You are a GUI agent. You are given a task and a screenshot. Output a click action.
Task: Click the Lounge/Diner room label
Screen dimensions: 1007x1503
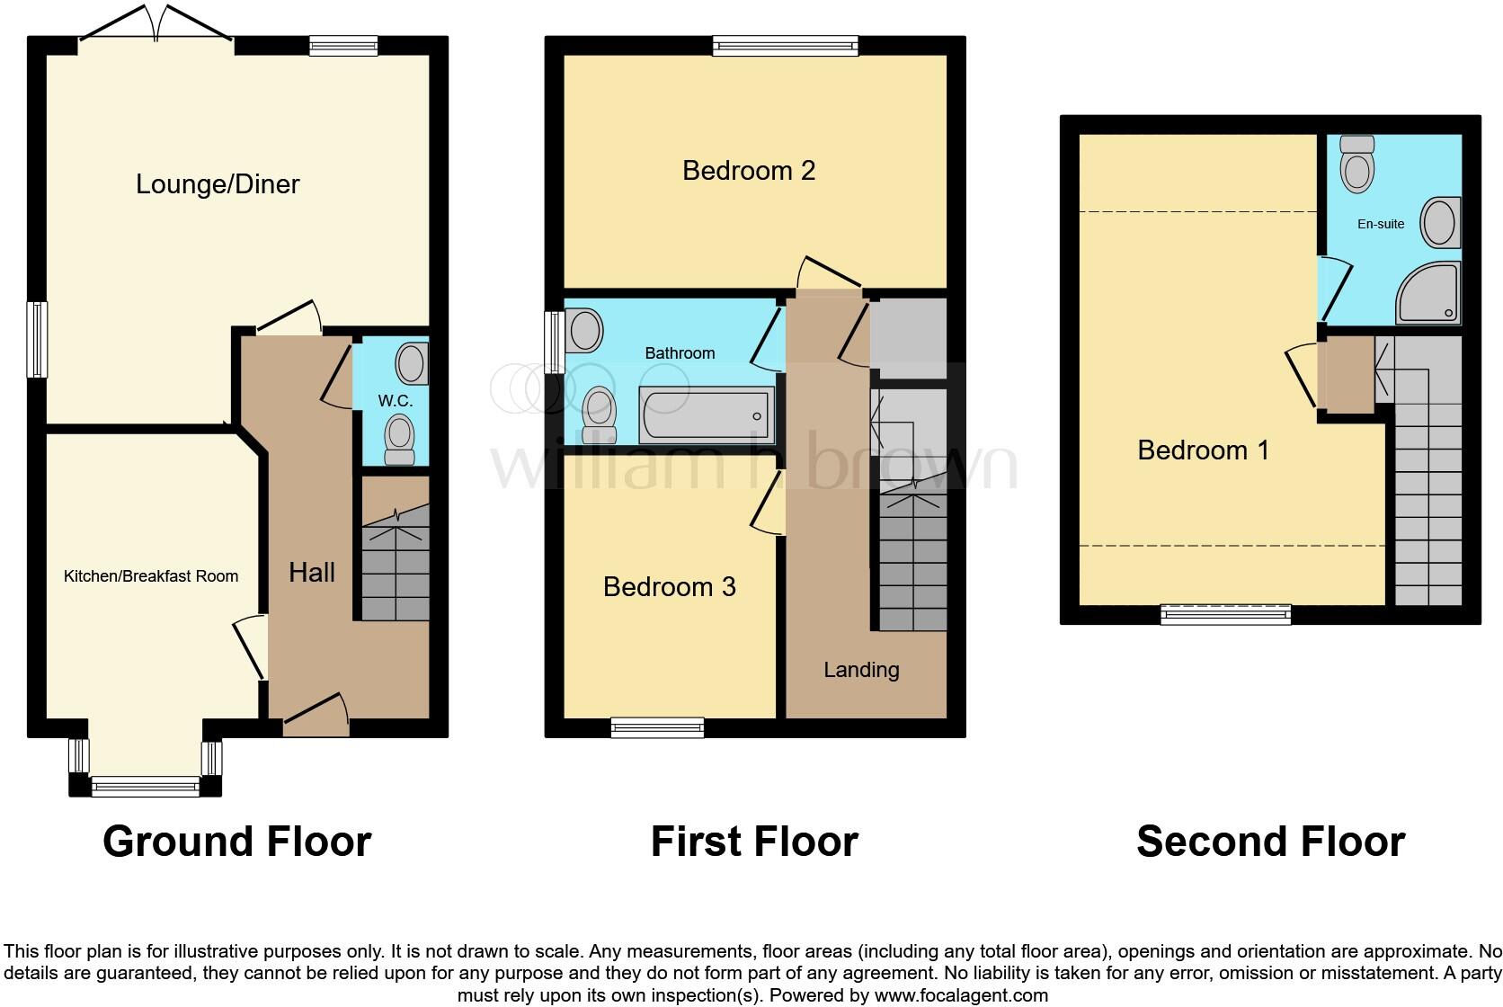[218, 184]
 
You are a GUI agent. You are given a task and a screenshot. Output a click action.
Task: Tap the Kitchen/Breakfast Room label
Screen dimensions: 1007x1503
[151, 576]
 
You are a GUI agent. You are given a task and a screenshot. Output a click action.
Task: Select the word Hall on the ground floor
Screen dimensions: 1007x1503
[312, 573]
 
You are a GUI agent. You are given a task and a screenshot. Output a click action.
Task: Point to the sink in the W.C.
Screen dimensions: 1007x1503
[413, 364]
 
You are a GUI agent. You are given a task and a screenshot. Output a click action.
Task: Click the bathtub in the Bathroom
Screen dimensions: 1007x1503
[706, 415]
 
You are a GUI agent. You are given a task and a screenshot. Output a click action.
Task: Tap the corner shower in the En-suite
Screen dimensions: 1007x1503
[1428, 293]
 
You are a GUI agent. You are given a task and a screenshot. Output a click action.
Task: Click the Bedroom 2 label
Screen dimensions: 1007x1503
[749, 170]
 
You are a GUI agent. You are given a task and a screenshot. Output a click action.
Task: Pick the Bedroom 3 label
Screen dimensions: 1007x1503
[669, 587]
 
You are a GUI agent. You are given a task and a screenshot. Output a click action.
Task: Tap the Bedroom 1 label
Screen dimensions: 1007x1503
[1203, 450]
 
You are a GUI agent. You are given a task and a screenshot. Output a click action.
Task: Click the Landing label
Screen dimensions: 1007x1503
[861, 670]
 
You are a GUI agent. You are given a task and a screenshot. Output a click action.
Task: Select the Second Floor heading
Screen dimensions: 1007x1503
[1270, 842]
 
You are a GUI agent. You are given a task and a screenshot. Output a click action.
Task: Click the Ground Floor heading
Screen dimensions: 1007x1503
[237, 842]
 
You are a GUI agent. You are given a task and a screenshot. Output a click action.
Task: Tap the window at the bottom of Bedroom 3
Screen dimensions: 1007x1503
[657, 727]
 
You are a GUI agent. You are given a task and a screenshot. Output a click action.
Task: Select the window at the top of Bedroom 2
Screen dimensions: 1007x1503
[786, 46]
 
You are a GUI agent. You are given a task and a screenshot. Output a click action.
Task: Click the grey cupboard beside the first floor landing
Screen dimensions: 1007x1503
[908, 338]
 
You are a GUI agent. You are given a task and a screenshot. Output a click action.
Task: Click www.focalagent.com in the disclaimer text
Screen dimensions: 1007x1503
[960, 995]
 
